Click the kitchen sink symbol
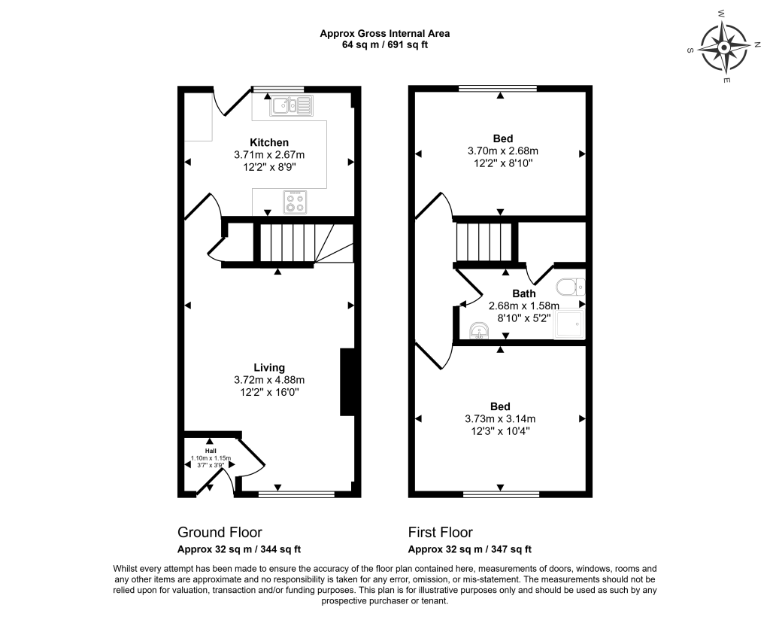pyautogui.click(x=291, y=105)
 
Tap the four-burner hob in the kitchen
pyautogui.click(x=295, y=202)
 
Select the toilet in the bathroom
pyautogui.click(x=571, y=286)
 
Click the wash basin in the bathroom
pyautogui.click(x=478, y=330)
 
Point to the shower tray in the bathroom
pyautogui.click(x=569, y=324)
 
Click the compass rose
pyautogui.click(x=724, y=47)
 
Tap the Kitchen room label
pyautogui.click(x=269, y=142)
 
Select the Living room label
pyautogui.click(x=269, y=367)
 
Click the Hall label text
pyautogui.click(x=211, y=451)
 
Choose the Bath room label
pyautogui.click(x=524, y=293)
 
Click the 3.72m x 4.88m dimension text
pyautogui.click(x=269, y=380)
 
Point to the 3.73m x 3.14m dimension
pyautogui.click(x=500, y=419)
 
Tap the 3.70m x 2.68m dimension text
pyautogui.click(x=503, y=150)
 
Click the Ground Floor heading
pyautogui.click(x=220, y=533)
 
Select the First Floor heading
pyautogui.click(x=441, y=533)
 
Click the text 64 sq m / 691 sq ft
pyautogui.click(x=384, y=44)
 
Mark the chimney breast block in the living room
pyautogui.click(x=347, y=383)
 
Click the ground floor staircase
pyautogui.click(x=295, y=243)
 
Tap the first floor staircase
pyautogui.click(x=484, y=242)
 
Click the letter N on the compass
pyautogui.click(x=757, y=44)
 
